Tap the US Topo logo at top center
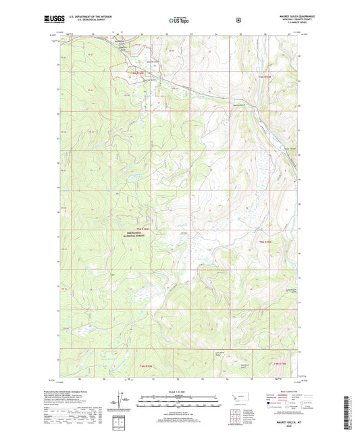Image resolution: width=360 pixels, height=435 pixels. [x=179, y=20]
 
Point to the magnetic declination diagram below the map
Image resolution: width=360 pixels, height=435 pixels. [x=129, y=404]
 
